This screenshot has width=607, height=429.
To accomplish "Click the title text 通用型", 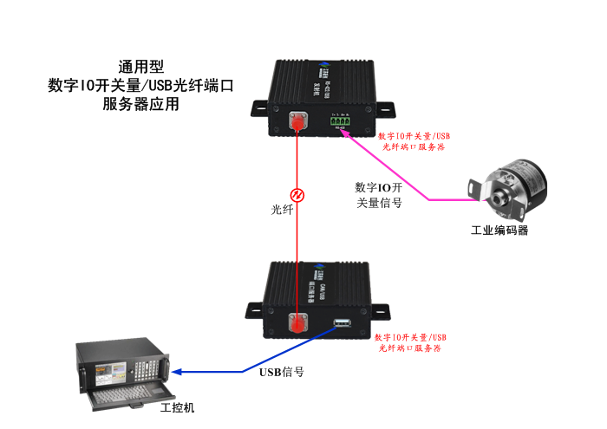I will (x=140, y=67).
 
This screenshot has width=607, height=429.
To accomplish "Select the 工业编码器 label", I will (x=499, y=231).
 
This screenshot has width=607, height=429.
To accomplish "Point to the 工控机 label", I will (x=179, y=407).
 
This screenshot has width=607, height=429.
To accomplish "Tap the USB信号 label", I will (x=282, y=373).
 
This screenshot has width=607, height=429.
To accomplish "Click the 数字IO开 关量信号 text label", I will (x=379, y=195).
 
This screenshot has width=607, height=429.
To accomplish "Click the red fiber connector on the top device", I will (x=298, y=123).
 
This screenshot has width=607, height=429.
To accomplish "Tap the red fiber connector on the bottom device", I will (x=298, y=324).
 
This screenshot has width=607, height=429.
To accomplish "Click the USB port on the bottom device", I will (x=341, y=326).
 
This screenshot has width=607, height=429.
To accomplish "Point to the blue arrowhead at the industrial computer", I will (x=177, y=372).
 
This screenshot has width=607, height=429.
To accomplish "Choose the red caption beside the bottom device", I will (x=410, y=341).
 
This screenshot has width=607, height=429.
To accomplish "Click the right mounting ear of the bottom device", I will (x=379, y=309).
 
